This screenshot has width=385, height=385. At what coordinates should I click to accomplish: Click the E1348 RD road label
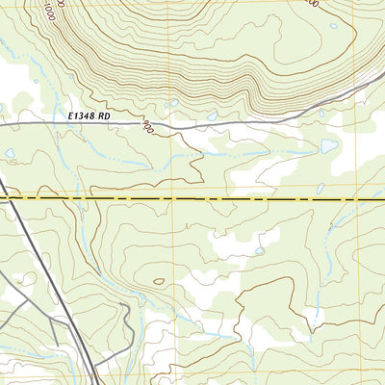tap(90, 115)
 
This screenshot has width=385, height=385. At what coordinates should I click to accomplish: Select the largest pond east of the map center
tap(329, 146)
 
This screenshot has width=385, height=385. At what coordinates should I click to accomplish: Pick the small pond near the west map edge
tap(10, 152)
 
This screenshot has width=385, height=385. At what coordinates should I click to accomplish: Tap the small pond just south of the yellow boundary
tap(260, 250)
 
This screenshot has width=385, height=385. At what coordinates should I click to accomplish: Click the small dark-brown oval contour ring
tap(158, 282)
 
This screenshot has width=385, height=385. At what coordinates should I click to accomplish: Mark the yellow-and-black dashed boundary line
tap(192, 198)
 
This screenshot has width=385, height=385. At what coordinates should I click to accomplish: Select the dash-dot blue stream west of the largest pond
tap(279, 152)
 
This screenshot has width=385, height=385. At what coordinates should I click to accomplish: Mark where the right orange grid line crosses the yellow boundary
tap(352, 198)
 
